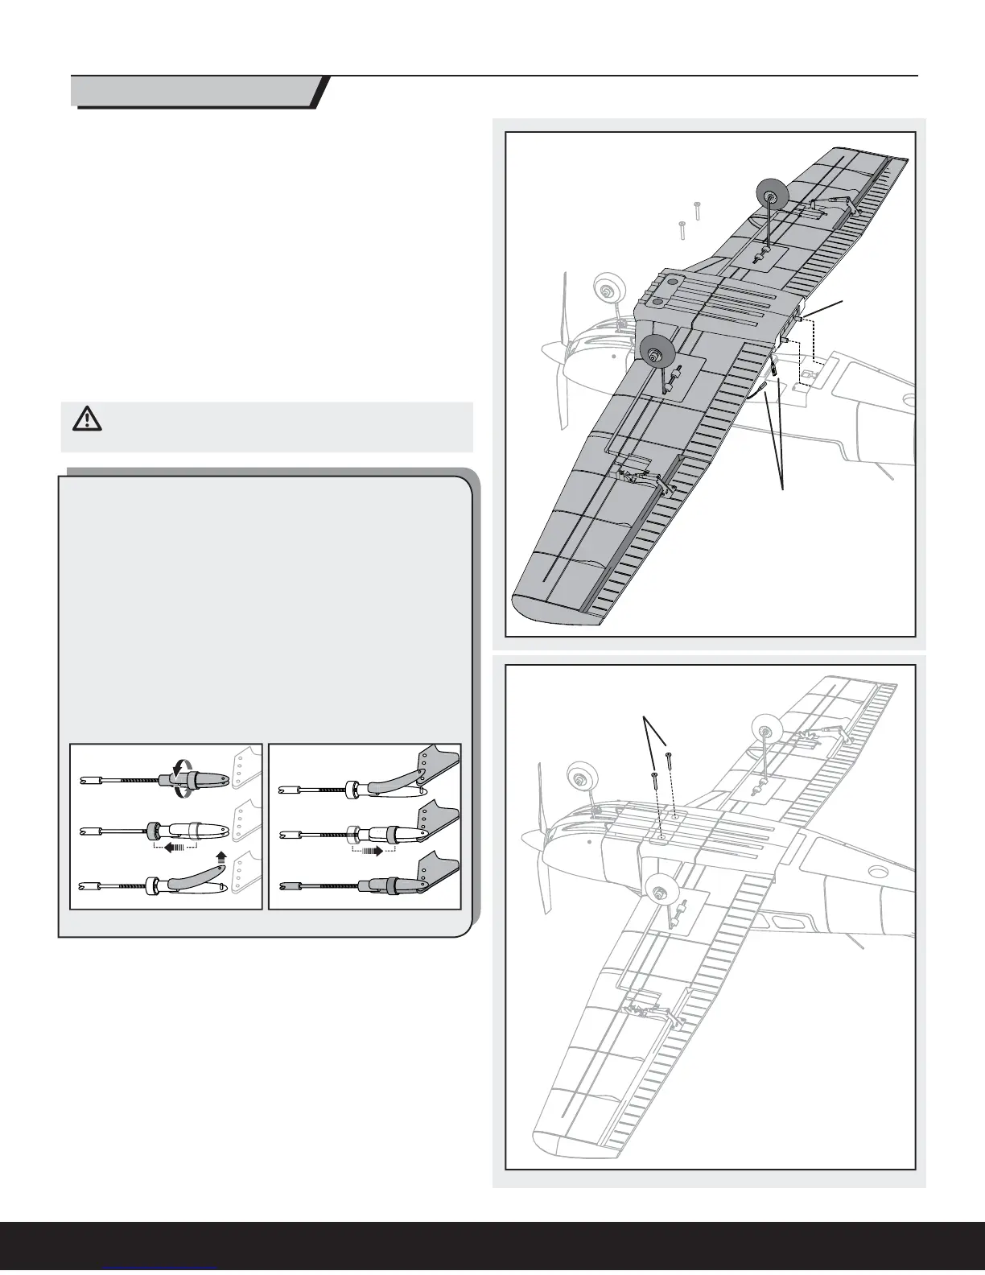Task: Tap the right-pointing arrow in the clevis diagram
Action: coord(373,848)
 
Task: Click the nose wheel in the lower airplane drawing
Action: coord(580,777)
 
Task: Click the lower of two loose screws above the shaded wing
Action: coord(681,228)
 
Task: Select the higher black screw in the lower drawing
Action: coord(669,757)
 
